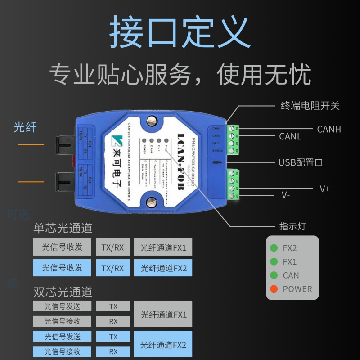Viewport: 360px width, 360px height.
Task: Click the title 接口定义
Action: tap(180, 32)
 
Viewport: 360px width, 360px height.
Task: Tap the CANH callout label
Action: tap(329, 129)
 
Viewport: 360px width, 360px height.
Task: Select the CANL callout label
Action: tap(290, 136)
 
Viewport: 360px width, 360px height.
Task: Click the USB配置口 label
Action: tap(301, 162)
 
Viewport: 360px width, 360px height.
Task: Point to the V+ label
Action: tap(324, 189)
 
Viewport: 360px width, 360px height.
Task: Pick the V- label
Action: tap(286, 195)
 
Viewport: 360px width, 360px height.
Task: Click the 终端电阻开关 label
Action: tap(310, 106)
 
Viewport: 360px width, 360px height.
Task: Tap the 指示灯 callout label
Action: tap(292, 226)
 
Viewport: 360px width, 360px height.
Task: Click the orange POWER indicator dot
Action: tap(273, 289)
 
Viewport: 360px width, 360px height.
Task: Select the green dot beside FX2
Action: tap(273, 248)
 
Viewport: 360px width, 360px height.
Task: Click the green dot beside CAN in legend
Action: tap(273, 275)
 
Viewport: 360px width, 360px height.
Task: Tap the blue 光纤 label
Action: tap(25, 127)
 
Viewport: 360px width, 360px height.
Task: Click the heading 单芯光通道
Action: tap(63, 228)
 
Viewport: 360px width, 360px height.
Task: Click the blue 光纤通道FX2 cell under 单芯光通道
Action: tap(163, 268)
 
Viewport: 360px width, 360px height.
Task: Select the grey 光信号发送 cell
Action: tap(62, 306)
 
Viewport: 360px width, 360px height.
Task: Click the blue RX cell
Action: tap(113, 351)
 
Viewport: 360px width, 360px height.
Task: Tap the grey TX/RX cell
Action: tap(112, 247)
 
